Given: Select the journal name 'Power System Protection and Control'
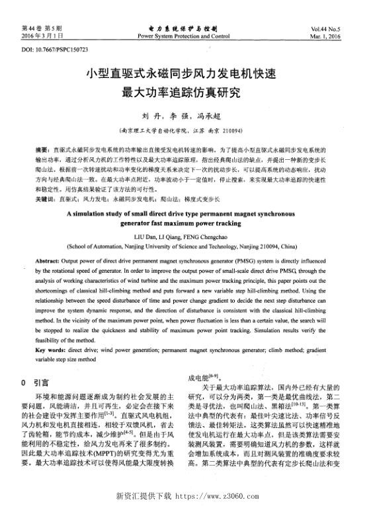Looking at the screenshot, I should pyautogui.click(x=187, y=36).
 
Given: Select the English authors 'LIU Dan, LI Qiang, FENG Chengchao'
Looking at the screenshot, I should pyautogui.click(x=187, y=236).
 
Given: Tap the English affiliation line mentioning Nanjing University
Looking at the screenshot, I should pyautogui.click(x=187, y=245).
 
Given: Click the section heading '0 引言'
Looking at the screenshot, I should pyautogui.click(x=35, y=382).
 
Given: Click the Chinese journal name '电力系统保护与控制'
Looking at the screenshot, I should pyautogui.click(x=187, y=29).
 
